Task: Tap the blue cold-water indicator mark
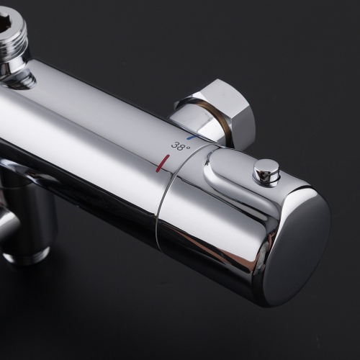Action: click(x=192, y=138)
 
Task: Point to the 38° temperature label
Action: click(x=181, y=146)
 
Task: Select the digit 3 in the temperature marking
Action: click(x=175, y=145)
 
